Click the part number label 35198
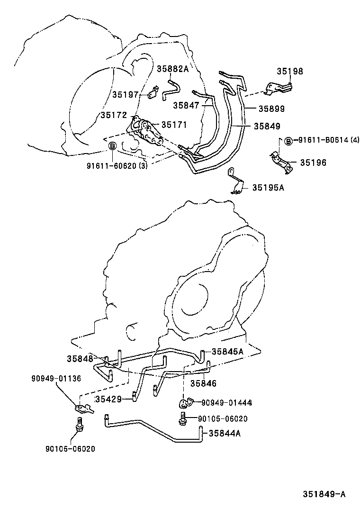[x=290, y=72]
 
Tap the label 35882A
[x=173, y=69]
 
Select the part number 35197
[x=125, y=95]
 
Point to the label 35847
[x=186, y=105]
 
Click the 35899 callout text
[x=271, y=109]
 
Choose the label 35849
[x=267, y=126]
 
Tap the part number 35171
[x=174, y=125]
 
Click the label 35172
[x=113, y=115]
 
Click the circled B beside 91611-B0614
[x=288, y=140]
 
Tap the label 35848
[x=80, y=358]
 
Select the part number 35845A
[x=227, y=351]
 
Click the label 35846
[x=203, y=383]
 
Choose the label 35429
[x=108, y=399]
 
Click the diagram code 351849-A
[x=324, y=494]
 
